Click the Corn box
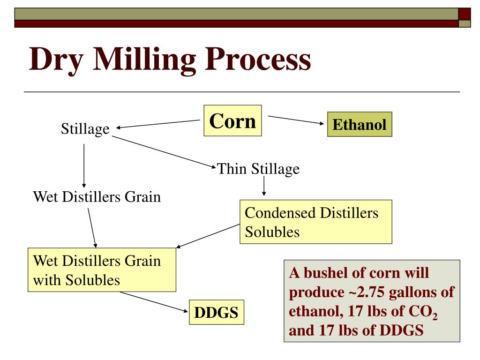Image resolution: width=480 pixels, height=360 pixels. point(232,121)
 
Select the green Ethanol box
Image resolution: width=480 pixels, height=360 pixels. point(359,125)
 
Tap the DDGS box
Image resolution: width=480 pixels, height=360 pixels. point(217,313)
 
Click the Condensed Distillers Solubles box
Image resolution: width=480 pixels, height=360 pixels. point(315,222)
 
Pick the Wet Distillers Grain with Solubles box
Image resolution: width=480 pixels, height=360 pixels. point(102,270)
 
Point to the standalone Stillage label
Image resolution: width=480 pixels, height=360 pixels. point(85,129)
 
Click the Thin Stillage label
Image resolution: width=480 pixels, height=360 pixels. point(258,169)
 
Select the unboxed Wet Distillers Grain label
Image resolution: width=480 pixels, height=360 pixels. point(97,196)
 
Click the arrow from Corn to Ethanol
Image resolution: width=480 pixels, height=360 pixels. point(296,120)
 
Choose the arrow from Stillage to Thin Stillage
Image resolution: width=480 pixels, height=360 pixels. point(164,151)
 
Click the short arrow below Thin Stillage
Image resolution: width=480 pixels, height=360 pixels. point(264,187)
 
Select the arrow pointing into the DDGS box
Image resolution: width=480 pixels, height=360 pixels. point(154,301)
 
